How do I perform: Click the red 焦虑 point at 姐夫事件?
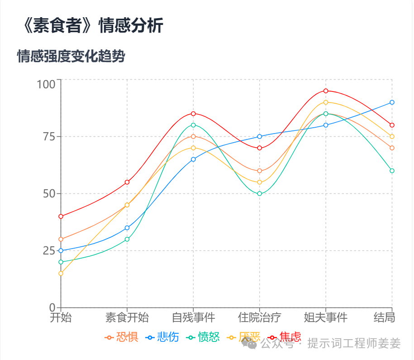tap(326, 91)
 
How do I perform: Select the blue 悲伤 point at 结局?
tap(392, 102)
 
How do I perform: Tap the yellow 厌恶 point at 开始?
tap(61, 274)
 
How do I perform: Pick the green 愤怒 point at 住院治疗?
tap(260, 194)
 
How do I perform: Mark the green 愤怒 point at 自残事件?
tap(193, 125)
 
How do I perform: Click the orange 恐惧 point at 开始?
tap(61, 239)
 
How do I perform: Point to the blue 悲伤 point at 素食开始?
tap(127, 228)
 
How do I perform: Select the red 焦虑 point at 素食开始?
tap(127, 182)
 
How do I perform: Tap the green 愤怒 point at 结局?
tap(392, 171)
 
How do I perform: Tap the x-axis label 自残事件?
tap(193, 317)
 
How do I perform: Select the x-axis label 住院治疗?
tap(260, 317)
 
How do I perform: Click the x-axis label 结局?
tap(384, 317)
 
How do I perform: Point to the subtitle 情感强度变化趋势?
tap(71, 57)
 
